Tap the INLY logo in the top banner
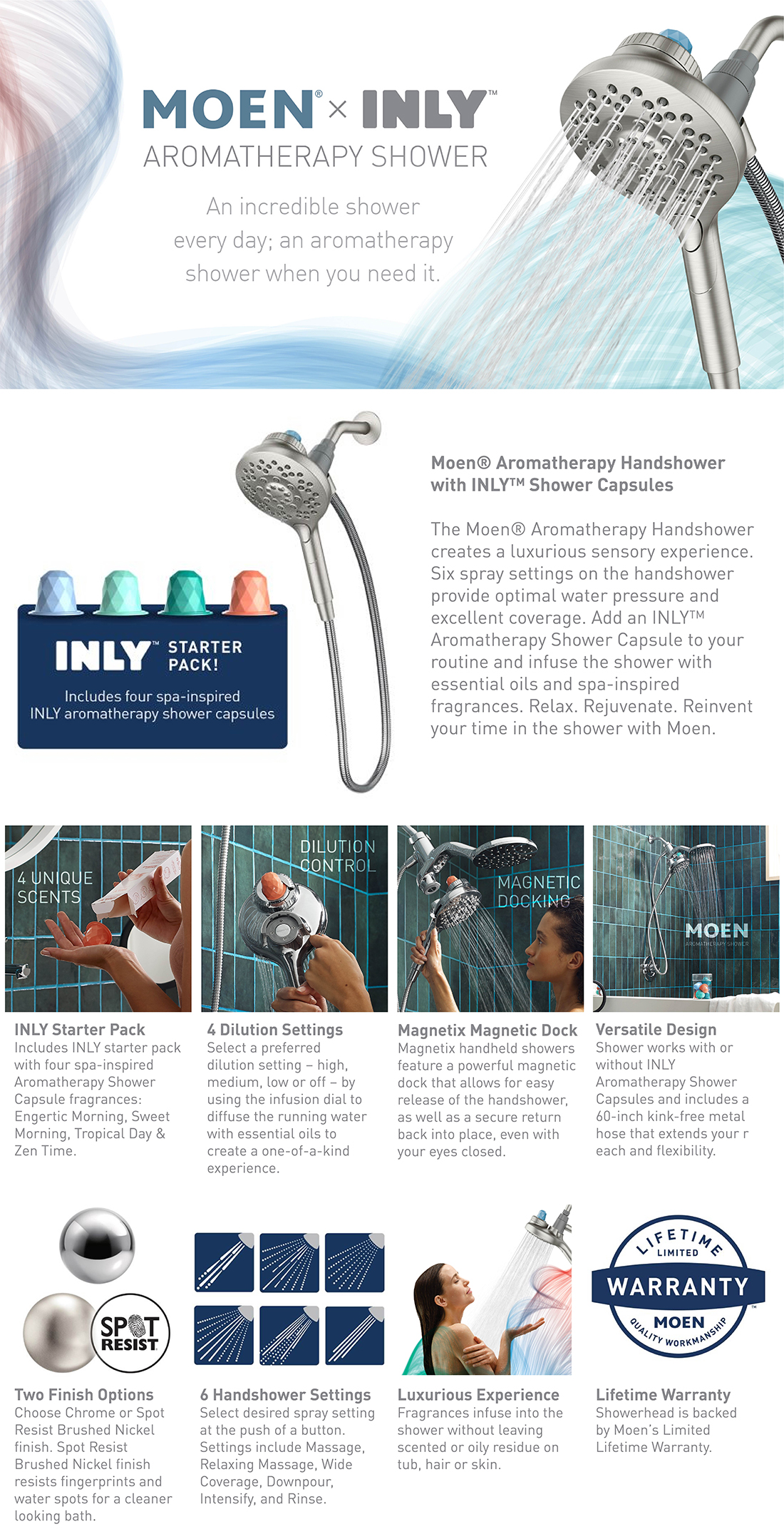(x=425, y=109)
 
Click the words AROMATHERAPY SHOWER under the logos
(x=315, y=157)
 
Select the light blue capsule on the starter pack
(x=59, y=592)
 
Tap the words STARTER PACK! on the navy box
(x=205, y=655)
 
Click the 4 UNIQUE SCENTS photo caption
(x=54, y=887)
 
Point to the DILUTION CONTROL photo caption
(x=337, y=856)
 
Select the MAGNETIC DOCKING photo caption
(x=538, y=891)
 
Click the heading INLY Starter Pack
(x=79, y=1029)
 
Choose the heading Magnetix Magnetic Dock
(x=487, y=1030)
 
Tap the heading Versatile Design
(x=656, y=1029)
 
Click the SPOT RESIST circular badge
(x=130, y=1333)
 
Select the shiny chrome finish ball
(x=96, y=1245)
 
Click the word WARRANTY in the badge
(x=678, y=1287)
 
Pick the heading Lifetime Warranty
(x=663, y=1394)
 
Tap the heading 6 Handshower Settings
(x=285, y=1394)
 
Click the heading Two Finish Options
(x=83, y=1394)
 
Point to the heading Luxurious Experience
(x=478, y=1394)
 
